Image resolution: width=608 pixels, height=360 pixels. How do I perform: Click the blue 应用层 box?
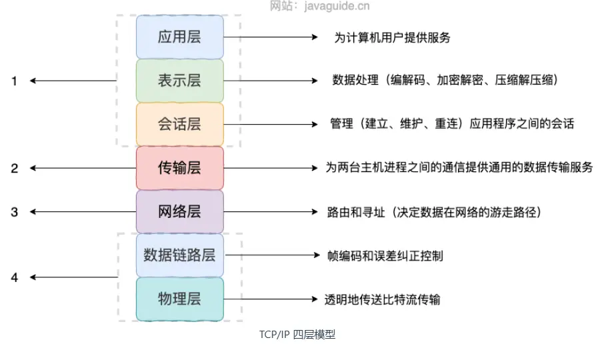pyautogui.click(x=179, y=37)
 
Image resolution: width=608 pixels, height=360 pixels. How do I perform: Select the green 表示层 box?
pyautogui.click(x=179, y=81)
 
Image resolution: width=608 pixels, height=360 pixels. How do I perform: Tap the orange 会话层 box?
pyautogui.click(x=179, y=124)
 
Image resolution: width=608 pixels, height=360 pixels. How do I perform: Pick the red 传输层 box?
pyautogui.click(x=179, y=168)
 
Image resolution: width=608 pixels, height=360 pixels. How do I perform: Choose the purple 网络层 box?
pyautogui.click(x=179, y=211)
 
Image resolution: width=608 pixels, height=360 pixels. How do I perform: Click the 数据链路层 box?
pyautogui.click(x=179, y=255)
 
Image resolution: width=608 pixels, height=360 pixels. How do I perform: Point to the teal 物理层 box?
pyautogui.click(x=179, y=299)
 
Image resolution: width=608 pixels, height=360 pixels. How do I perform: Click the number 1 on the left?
pyautogui.click(x=14, y=81)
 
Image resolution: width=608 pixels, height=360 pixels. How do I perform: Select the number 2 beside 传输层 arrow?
pyautogui.click(x=14, y=168)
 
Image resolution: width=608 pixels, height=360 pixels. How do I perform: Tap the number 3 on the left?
pyautogui.click(x=14, y=212)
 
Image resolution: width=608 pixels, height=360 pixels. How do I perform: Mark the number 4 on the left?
pyautogui.click(x=14, y=277)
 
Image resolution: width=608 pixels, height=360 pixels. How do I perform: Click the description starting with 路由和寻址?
pyautogui.click(x=434, y=212)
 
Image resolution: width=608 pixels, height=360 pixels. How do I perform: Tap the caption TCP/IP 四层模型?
pyautogui.click(x=297, y=335)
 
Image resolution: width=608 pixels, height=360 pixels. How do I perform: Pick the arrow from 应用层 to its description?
pyautogui.click(x=270, y=37)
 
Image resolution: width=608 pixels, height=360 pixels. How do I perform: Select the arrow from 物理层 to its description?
pyautogui.click(x=270, y=299)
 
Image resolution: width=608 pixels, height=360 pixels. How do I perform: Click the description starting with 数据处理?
pyautogui.click(x=445, y=81)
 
